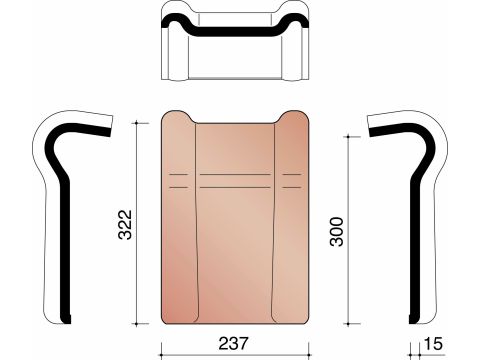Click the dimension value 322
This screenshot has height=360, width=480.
coord(126,225)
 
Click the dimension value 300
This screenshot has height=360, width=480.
coord(336,232)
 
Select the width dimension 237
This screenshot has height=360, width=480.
coord(234,343)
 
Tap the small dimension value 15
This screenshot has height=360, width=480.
coord(433,344)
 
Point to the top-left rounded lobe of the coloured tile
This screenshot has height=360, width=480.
coord(177,117)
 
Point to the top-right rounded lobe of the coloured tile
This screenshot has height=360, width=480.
coord(292,117)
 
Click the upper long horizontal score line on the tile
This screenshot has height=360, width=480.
coord(235,174)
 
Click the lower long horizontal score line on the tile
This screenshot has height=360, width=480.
coord(235,187)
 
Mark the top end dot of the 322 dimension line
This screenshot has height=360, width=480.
coord(137,123)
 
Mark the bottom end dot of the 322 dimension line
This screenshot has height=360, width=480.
coord(137,324)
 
